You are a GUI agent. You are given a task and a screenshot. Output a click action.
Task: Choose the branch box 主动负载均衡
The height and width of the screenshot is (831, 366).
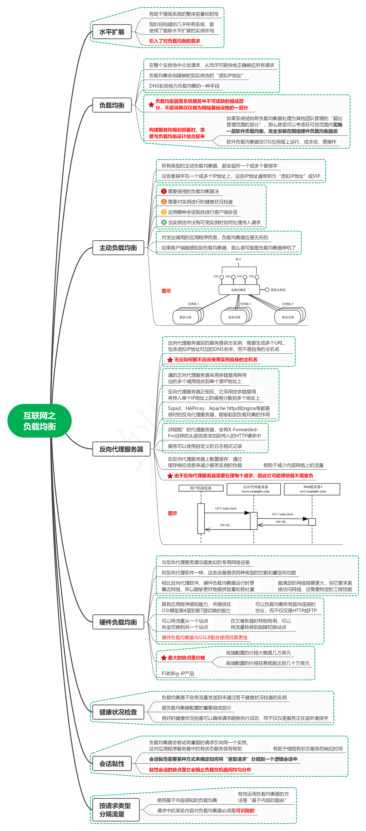(118, 248)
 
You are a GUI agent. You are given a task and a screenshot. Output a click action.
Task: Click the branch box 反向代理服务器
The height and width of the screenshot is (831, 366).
(121, 449)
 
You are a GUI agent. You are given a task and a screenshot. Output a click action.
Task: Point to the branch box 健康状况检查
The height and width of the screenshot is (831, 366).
(118, 712)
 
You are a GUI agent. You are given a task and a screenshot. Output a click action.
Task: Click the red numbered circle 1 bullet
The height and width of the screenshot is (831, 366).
(164, 191)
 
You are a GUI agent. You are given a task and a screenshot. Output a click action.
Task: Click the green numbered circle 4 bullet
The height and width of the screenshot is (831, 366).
(164, 222)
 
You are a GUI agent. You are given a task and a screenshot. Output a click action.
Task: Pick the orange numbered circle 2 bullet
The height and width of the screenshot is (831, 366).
(164, 202)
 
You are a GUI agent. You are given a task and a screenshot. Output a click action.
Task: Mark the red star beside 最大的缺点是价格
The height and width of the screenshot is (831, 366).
(164, 658)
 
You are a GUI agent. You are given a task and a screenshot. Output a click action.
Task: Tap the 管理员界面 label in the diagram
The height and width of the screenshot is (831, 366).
(278, 290)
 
